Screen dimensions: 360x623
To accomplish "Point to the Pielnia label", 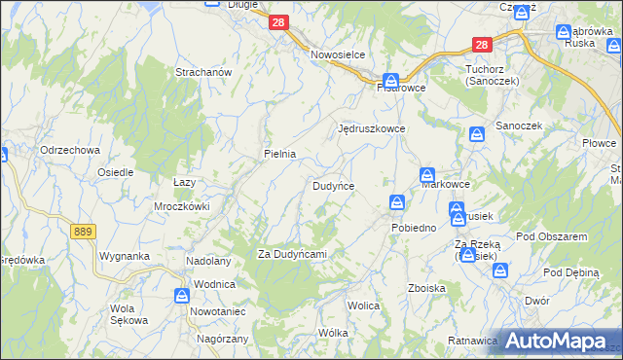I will [x=279, y=154].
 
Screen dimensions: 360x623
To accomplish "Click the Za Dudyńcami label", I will [x=291, y=254].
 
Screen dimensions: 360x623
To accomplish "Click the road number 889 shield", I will [x=82, y=231].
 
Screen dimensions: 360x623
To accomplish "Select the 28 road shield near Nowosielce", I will [x=278, y=21].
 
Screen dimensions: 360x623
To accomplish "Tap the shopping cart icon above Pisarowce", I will [x=390, y=80].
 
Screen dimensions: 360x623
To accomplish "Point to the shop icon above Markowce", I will [x=426, y=175].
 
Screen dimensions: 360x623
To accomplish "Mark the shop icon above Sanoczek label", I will [x=477, y=135].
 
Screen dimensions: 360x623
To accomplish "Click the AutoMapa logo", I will [x=556, y=340].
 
